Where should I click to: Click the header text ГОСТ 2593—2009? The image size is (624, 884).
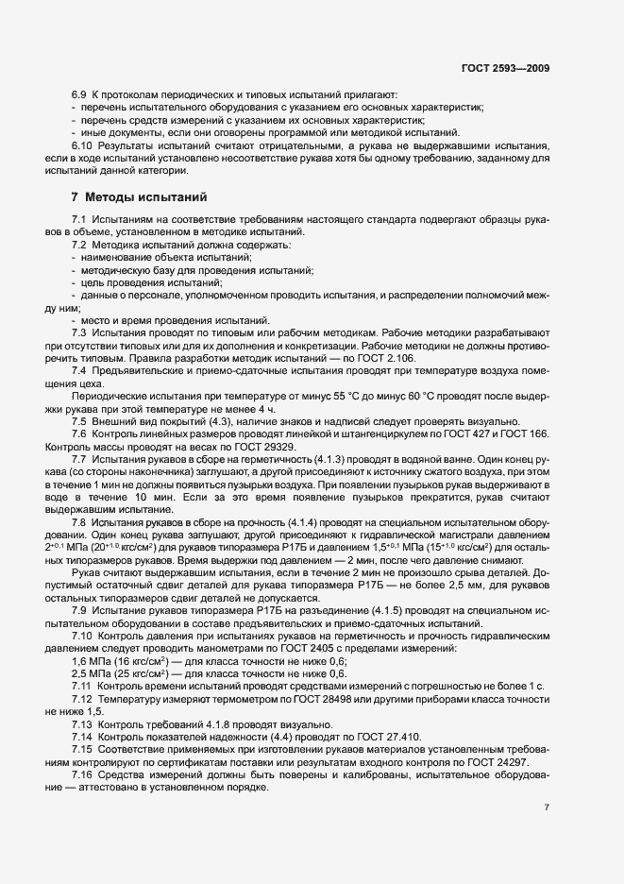tap(504, 68)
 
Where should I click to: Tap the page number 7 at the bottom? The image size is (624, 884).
tap(548, 808)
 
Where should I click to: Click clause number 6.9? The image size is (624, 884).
tap(79, 95)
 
